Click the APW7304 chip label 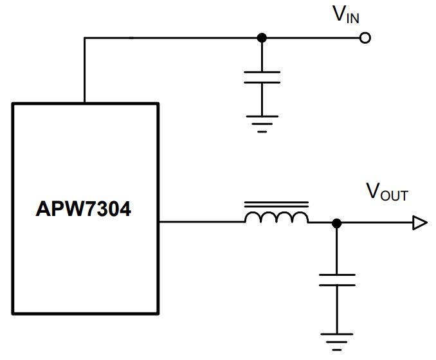[x=83, y=209]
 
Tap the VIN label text [x=346, y=14]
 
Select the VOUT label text [x=387, y=192]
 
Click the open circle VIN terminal [x=365, y=38]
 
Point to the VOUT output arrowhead [x=420, y=222]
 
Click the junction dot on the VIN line [x=262, y=38]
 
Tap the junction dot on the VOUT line [x=337, y=223]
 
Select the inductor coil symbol [x=277, y=217]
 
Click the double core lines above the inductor [x=277, y=204]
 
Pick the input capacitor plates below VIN [x=262, y=77]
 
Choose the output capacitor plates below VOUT [x=337, y=280]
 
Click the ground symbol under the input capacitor [x=262, y=124]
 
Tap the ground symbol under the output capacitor [x=337, y=342]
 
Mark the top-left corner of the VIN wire [x=84, y=38]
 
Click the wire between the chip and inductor [x=202, y=222]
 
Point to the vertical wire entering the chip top [x=84, y=70]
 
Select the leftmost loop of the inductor [x=253, y=215]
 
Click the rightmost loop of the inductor [x=300, y=215]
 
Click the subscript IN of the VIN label [x=353, y=18]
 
